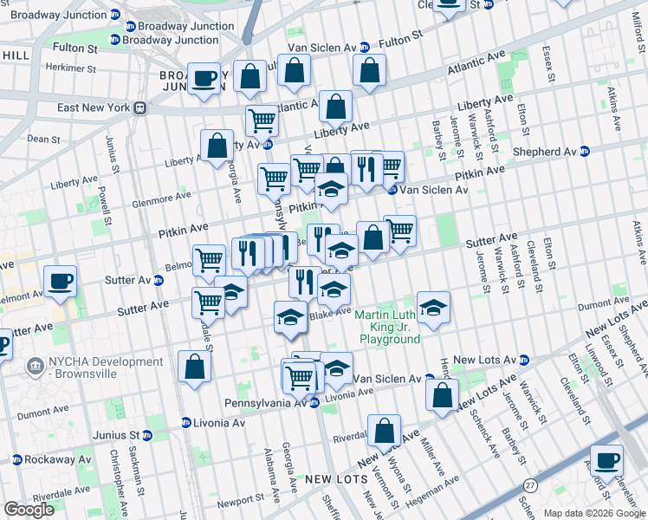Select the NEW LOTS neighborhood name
point(330,478)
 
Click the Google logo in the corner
point(29,510)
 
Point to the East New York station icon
point(139,108)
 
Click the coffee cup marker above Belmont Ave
point(61,282)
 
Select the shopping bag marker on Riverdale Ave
point(384,431)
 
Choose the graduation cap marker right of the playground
point(434,308)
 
